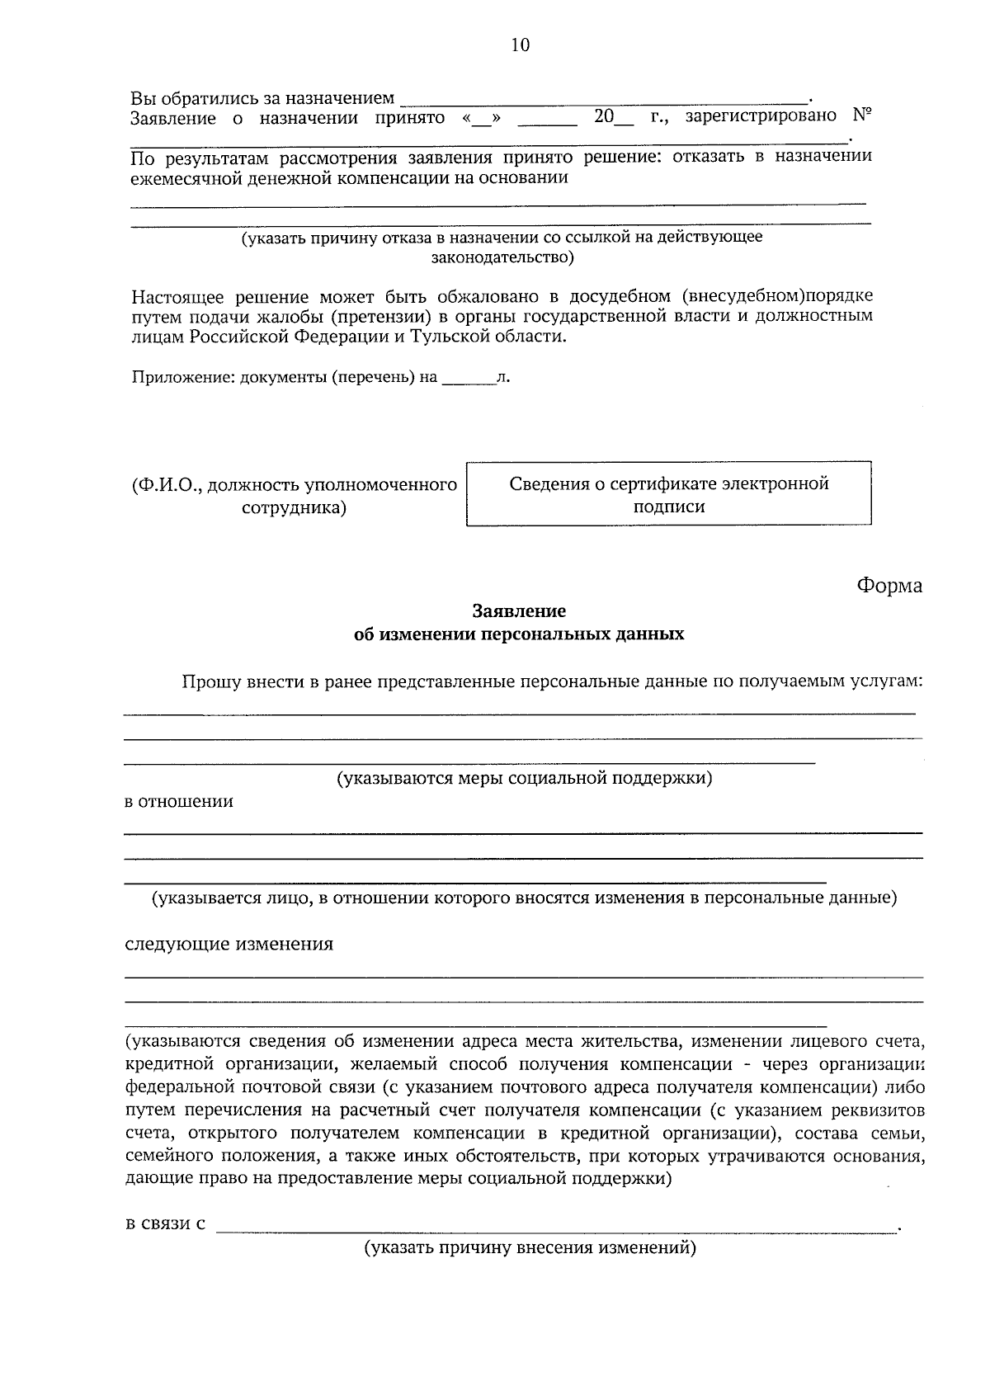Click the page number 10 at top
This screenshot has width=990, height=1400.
pos(520,45)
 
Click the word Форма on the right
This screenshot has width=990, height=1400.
pos(889,586)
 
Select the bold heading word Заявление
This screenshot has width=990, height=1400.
pos(519,611)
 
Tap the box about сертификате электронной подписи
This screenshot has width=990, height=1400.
pos(668,494)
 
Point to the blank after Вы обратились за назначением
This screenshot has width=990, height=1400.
pos(602,100)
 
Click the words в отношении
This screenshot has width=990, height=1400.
pos(179,802)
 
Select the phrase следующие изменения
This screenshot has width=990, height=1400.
pos(229,945)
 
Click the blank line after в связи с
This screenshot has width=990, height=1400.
pos(557,1226)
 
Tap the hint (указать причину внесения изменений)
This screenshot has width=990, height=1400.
pos(530,1248)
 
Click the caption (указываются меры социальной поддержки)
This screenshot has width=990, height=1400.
pos(524,778)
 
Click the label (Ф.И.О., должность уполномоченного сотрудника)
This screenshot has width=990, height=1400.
pos(295,496)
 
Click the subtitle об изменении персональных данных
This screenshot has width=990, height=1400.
pos(519,634)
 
